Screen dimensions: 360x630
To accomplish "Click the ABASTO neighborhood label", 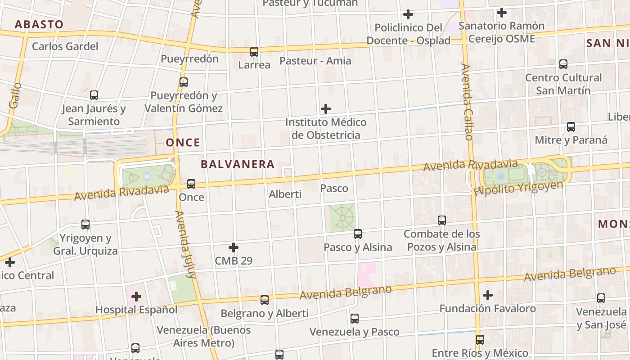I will point(39,24).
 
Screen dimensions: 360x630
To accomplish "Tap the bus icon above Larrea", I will point(254,52).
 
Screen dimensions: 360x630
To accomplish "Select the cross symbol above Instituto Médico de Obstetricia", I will point(326,109).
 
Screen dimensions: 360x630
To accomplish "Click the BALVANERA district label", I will point(238,164).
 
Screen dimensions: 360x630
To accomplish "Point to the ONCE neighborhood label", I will point(183,143).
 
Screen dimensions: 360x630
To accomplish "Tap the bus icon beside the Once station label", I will point(191,184).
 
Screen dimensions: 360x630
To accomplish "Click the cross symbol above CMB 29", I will point(234,247).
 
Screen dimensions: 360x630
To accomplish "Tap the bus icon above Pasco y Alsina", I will point(358,234).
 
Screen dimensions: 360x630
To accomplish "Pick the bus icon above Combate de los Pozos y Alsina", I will point(442,220).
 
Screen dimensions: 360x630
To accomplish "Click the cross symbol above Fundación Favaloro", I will point(488,295).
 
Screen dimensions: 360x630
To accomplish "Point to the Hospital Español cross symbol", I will point(136,297).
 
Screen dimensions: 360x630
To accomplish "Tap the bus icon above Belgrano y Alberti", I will point(265,300).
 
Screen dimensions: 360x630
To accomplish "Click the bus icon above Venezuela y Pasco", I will point(355,319).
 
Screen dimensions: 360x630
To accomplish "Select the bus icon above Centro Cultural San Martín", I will point(563,64).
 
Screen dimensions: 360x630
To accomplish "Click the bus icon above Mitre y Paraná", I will point(571,127).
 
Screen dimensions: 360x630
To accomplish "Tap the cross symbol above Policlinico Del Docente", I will point(408,14).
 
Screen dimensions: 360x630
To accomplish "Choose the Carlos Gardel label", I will point(65,46).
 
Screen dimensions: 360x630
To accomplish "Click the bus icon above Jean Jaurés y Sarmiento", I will point(94,95).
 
